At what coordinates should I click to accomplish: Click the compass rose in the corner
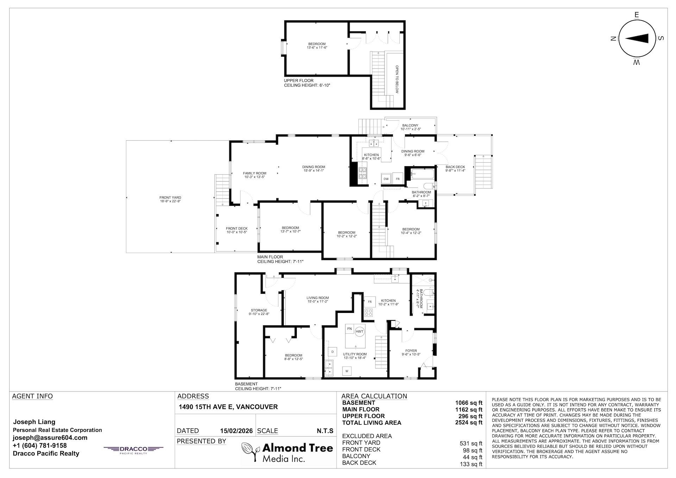click(637, 39)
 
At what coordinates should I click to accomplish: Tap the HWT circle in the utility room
click(359, 331)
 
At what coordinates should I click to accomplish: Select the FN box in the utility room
click(349, 329)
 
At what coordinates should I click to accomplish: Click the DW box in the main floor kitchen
click(386, 179)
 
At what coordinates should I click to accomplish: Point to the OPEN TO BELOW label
click(397, 79)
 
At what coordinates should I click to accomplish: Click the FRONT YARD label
click(170, 200)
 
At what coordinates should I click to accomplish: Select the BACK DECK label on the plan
click(455, 169)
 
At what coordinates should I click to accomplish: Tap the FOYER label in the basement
click(411, 352)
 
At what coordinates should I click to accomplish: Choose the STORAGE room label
click(259, 312)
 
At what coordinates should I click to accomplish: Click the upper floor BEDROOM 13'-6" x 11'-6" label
click(317, 45)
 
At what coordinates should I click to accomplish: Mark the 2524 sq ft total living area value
click(469, 423)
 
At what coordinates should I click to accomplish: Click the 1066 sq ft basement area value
click(469, 403)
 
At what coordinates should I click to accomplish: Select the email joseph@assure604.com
click(50, 438)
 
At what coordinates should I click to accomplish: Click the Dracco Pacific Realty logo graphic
click(133, 449)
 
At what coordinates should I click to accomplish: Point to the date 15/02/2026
click(236, 431)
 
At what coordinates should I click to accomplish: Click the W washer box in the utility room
click(347, 371)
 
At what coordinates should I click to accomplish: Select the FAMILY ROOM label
click(255, 175)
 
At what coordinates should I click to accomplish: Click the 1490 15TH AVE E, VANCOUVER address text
click(228, 407)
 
